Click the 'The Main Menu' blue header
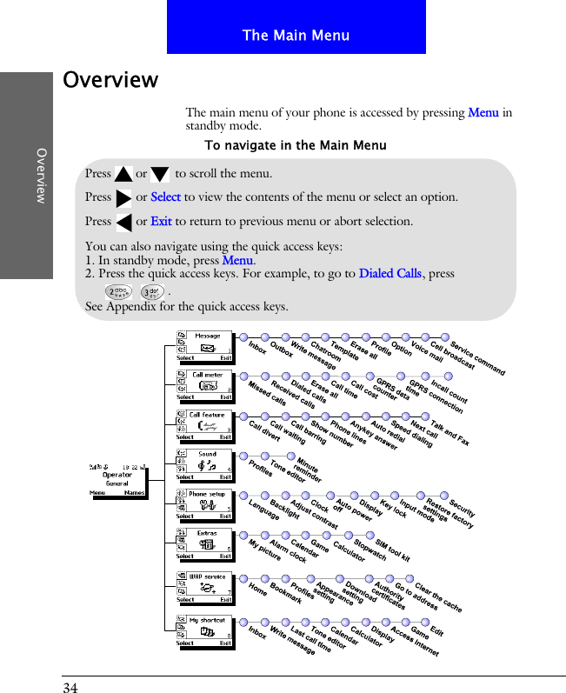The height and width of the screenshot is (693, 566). coord(296,35)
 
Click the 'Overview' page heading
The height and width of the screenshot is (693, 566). coord(110,80)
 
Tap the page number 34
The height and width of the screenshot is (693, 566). coord(70,688)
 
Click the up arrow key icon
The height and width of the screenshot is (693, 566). coord(123,174)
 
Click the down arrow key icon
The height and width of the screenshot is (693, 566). coord(159,174)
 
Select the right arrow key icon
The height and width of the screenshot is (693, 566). coord(123,198)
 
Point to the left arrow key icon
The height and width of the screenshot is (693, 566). coord(123,223)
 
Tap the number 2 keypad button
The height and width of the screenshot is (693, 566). coord(117,291)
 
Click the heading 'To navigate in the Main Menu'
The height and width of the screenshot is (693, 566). coord(295,145)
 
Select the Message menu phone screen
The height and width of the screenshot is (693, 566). coord(204,346)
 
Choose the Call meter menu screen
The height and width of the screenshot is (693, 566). coord(204,386)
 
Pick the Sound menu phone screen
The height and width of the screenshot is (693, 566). coord(204,465)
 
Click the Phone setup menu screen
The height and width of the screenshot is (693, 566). coord(204,505)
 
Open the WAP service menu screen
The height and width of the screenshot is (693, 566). coord(204,587)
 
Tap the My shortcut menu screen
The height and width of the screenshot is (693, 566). coord(204,631)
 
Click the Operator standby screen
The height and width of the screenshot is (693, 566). coord(117,479)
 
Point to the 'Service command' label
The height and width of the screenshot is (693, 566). coord(477,357)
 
